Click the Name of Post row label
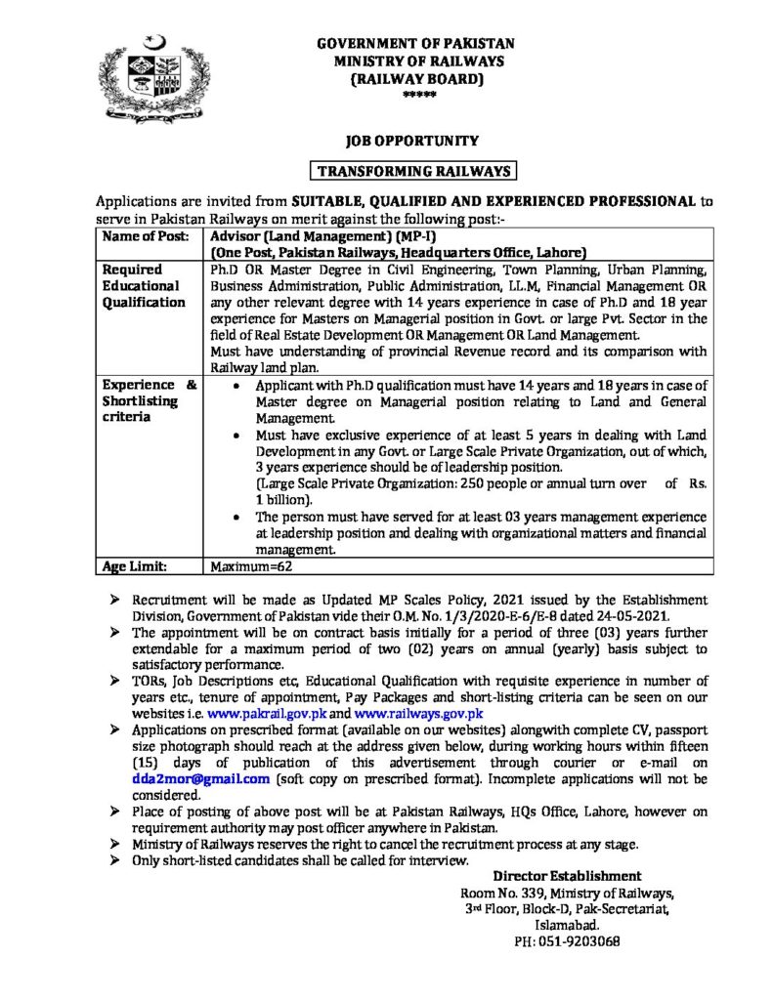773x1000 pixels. click(x=139, y=236)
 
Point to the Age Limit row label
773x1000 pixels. click(x=134, y=565)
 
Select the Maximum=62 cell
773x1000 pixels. click(x=252, y=565)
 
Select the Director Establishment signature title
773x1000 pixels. click(x=567, y=876)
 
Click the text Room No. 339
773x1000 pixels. click(x=501, y=893)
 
